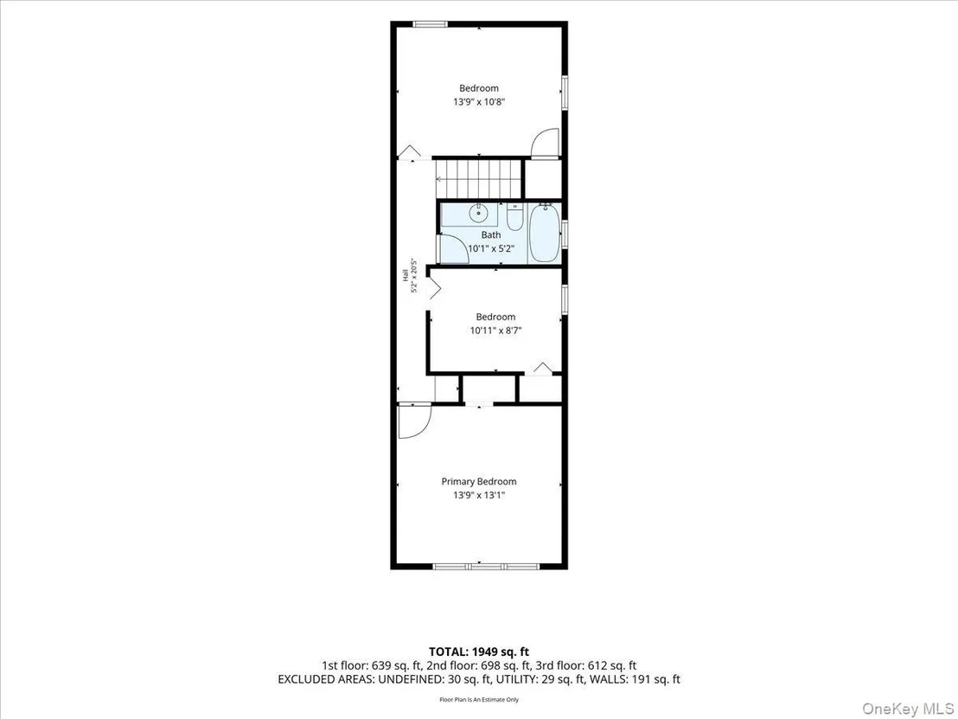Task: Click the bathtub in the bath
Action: [x=545, y=234]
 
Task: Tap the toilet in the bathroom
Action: [x=515, y=217]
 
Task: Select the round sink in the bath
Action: [x=478, y=214]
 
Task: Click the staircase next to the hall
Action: [x=480, y=178]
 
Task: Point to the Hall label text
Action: [x=405, y=276]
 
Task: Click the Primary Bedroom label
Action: [x=479, y=482]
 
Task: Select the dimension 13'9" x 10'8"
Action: [x=479, y=102]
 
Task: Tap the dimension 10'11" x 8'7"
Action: [x=495, y=331]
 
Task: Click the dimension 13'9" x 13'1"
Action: [x=479, y=495]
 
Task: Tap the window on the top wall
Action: [x=430, y=24]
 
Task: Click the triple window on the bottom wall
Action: [x=486, y=566]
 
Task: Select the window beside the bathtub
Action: [x=565, y=234]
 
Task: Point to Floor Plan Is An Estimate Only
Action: [x=478, y=699]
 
